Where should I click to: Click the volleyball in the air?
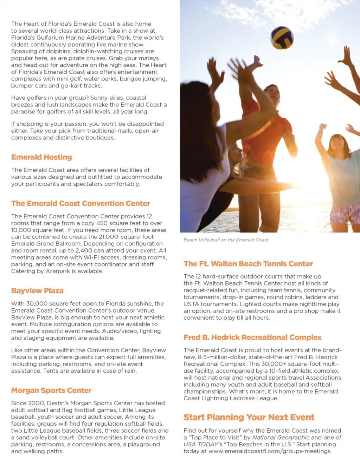tap(282, 38)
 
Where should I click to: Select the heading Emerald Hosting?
tap(41, 157)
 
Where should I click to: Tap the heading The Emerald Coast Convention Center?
tap(81, 204)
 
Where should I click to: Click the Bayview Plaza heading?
tap(37, 291)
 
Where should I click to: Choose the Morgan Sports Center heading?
tap(51, 391)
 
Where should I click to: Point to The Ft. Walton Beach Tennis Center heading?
tap(248, 264)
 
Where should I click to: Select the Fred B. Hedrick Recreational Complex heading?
tap(252, 337)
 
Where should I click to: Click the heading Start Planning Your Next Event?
tap(249, 418)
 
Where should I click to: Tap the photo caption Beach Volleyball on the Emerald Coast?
tap(226, 240)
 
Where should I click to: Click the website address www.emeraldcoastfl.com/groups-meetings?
tap(270, 451)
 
